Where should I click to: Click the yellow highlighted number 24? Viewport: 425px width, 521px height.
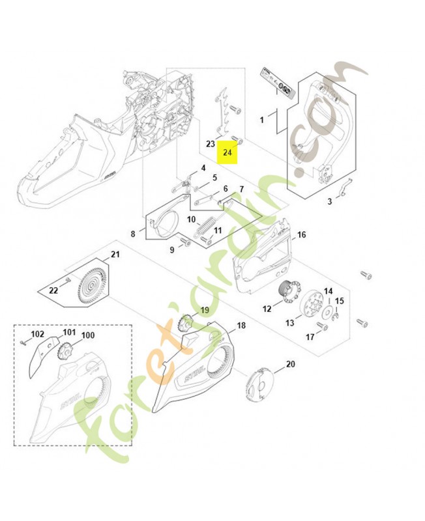227,153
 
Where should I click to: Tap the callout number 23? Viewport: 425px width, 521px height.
211,144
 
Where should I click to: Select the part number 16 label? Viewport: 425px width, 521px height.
301,234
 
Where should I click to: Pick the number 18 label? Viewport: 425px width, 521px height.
241,325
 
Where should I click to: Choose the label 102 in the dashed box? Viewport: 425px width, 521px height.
38,334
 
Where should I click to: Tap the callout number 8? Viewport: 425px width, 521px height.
133,233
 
